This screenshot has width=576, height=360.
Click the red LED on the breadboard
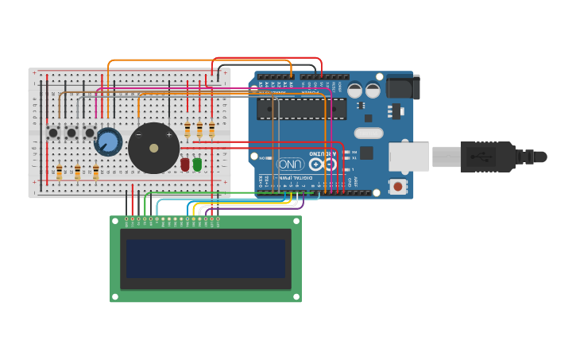click(x=185, y=164)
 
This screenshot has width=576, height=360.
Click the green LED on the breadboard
click(x=197, y=164)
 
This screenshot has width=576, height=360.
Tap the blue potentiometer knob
click(x=107, y=142)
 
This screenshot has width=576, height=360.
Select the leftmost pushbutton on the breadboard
click(x=53, y=133)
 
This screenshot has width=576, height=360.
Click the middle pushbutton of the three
click(x=72, y=133)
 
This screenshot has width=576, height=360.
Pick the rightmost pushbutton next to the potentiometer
click(x=90, y=133)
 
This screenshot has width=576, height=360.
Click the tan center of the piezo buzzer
click(x=153, y=148)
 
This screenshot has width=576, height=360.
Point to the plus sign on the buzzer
click(x=168, y=135)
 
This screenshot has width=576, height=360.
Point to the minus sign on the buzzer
click(x=138, y=135)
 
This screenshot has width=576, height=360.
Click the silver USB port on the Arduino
click(x=408, y=157)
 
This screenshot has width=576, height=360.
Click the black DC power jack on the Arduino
click(x=403, y=87)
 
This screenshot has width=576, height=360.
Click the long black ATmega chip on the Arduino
click(x=301, y=109)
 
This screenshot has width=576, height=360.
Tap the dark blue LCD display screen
click(x=205, y=259)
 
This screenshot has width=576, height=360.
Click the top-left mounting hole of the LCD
click(x=114, y=220)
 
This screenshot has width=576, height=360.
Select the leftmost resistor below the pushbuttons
click(x=59, y=172)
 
